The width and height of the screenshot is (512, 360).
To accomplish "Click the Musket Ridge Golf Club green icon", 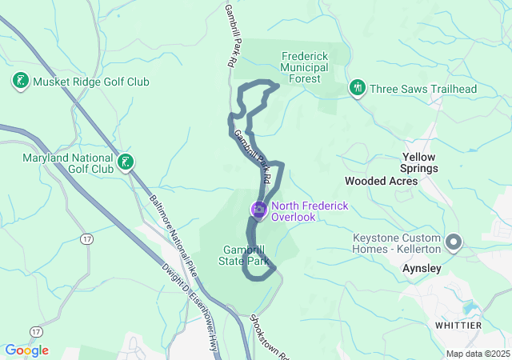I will [x=20, y=81].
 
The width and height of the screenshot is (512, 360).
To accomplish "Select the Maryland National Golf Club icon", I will [x=125, y=162].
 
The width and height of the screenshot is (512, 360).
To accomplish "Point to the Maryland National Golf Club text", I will [x=68, y=163].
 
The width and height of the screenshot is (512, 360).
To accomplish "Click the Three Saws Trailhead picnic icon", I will [x=358, y=88].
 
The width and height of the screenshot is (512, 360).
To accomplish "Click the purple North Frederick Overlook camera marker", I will [x=258, y=210].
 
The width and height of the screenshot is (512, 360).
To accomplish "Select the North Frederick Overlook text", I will [x=310, y=211].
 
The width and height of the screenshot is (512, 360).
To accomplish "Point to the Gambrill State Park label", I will [x=245, y=254].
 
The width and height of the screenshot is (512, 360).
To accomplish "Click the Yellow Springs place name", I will [x=419, y=162].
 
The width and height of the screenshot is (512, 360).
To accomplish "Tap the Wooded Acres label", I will [x=381, y=182].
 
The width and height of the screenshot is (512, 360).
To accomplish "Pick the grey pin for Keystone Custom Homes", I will [x=454, y=241].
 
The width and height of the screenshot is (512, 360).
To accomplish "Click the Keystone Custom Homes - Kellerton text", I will [x=398, y=244].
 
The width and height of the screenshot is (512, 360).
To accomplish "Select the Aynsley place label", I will [x=422, y=269].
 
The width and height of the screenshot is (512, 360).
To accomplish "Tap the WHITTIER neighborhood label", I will [x=458, y=326].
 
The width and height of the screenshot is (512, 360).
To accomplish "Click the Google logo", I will [x=26, y=350].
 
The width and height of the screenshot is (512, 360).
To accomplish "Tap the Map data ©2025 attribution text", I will [x=477, y=354].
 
